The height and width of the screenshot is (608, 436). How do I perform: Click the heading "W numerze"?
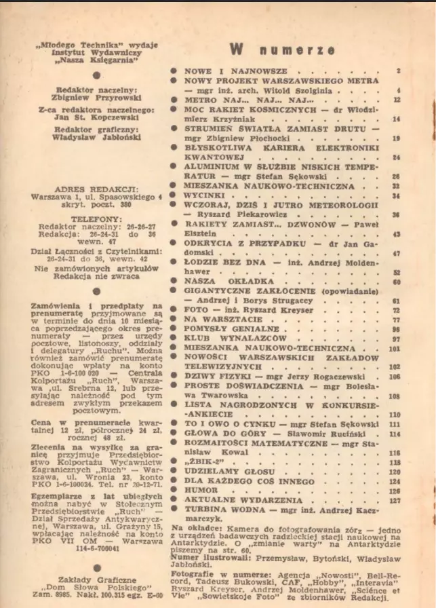tap(281, 50)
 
